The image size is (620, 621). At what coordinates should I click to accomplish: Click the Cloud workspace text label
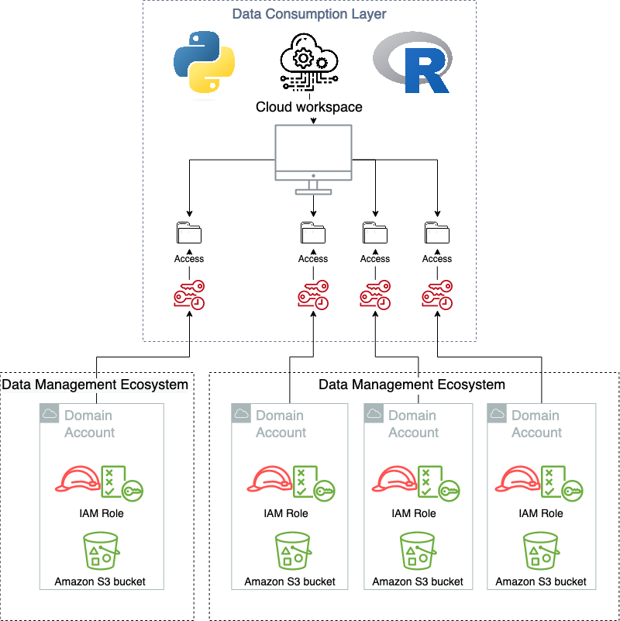pyautogui.click(x=309, y=107)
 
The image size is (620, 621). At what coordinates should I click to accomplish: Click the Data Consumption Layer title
pyautogui.click(x=309, y=14)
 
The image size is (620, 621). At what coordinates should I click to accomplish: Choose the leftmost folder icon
pyautogui.click(x=189, y=233)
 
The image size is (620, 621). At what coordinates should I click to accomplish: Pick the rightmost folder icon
pyautogui.click(x=437, y=233)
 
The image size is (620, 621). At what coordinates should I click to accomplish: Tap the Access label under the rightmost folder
pyautogui.click(x=437, y=259)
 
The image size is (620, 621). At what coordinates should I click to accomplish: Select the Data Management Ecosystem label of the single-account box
pyautogui.click(x=95, y=384)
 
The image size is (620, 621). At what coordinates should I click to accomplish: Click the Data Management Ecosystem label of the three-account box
pyautogui.click(x=412, y=384)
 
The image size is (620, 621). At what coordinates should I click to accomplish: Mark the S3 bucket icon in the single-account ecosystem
pyautogui.click(x=100, y=550)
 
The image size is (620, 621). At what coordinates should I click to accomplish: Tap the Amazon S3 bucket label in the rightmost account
pyautogui.click(x=541, y=581)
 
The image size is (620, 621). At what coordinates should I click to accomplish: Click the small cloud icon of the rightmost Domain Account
pyautogui.click(x=496, y=414)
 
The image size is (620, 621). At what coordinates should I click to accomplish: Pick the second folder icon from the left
pyautogui.click(x=313, y=233)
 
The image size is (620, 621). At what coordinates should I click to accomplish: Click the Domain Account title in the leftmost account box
pyautogui.click(x=89, y=424)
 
